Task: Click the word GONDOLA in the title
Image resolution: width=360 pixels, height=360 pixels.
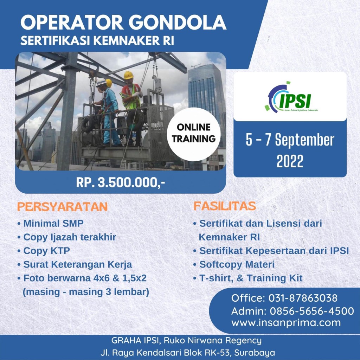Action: point(178,22)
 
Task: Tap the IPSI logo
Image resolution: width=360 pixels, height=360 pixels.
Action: point(290,97)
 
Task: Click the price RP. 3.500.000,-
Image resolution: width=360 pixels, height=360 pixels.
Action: point(121,183)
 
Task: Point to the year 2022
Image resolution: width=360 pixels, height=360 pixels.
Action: point(290,161)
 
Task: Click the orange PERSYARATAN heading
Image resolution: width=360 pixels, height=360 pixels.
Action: point(63,207)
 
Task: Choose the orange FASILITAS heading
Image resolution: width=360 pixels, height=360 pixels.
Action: point(225,206)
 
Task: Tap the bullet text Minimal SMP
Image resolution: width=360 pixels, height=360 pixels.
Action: point(53,223)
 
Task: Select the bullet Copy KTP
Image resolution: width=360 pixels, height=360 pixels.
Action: point(46,251)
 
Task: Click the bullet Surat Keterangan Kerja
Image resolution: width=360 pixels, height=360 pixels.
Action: point(78,264)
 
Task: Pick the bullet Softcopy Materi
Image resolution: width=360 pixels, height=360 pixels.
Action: point(237,264)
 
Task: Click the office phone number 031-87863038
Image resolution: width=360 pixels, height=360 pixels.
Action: point(303,298)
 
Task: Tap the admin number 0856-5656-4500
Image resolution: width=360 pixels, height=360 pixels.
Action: point(312,311)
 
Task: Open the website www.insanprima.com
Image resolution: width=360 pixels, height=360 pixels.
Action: point(286,323)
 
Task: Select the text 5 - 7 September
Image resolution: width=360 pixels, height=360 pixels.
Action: point(290,140)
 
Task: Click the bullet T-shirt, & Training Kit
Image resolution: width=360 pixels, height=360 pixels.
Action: point(251,278)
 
